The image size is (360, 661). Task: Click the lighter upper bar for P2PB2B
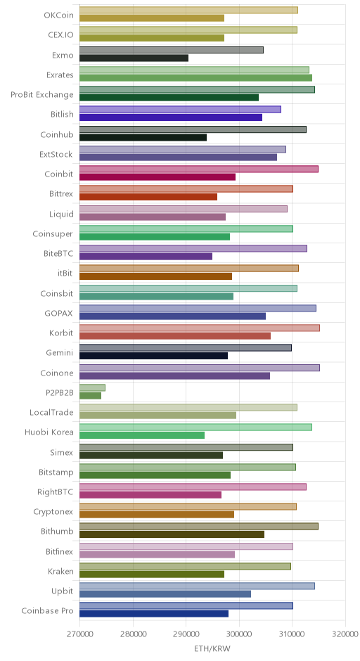pos(92,388)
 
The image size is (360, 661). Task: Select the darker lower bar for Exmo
pos(134,58)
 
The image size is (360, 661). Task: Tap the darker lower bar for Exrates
pos(195,77)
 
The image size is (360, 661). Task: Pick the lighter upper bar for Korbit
pos(200,328)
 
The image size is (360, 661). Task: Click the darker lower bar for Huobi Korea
pos(142,435)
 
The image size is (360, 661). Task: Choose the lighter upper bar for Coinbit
pos(199,169)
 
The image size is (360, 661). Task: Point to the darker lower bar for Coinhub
pos(143,137)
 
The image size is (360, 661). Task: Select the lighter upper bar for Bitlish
pos(181,110)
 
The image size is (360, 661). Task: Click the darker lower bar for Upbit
pos(165,594)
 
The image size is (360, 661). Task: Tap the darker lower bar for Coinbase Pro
pos(154,614)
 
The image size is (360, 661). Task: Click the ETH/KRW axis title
pos(212,648)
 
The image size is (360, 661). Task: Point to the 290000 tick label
pos(186,634)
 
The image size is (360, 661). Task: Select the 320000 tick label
pos(345,634)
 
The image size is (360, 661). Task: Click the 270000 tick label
pos(79,634)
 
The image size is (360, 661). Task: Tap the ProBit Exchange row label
pos(42,94)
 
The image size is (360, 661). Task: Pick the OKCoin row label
pos(58,15)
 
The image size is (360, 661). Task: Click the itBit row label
pos(65,273)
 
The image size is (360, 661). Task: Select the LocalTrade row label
pos(51,412)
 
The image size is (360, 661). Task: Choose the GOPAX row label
pos(58,313)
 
